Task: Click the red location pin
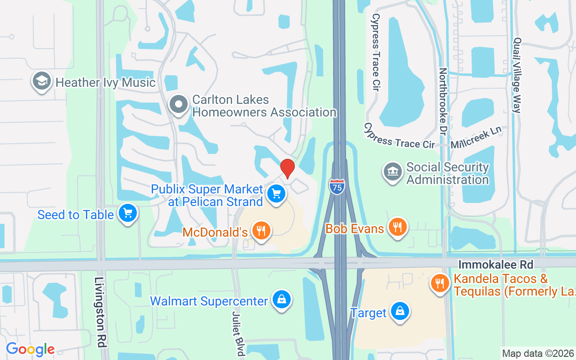[x=288, y=168]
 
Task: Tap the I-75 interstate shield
[x=337, y=186]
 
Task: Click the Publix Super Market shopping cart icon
[x=276, y=194]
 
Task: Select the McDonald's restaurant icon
[x=261, y=231]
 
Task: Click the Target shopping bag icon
[x=399, y=311]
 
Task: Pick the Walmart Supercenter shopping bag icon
[x=281, y=300]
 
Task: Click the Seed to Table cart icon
[x=127, y=213]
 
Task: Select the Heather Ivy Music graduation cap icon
[x=41, y=81]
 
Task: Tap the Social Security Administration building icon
[x=393, y=172]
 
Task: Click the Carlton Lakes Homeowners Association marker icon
[x=179, y=105]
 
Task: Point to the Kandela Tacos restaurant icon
[x=441, y=283]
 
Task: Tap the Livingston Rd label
[x=100, y=311]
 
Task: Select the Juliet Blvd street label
[x=238, y=333]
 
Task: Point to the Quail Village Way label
[x=517, y=75]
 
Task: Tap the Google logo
[x=30, y=349]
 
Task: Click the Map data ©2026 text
[x=538, y=353]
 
